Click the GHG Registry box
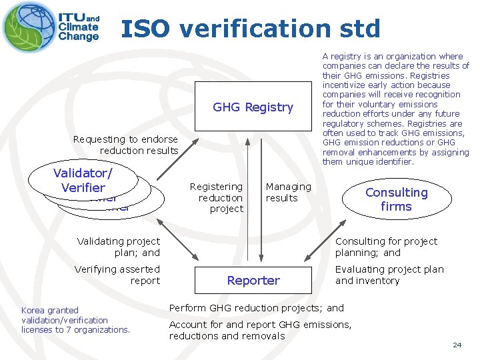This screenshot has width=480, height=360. click(253, 107)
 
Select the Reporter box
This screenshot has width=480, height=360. click(253, 280)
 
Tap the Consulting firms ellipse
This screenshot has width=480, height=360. click(396, 199)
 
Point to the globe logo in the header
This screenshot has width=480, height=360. click(29, 27)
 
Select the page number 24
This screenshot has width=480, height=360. click(457, 345)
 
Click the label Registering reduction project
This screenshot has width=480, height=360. click(217, 197)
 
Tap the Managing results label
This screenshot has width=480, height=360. click(288, 192)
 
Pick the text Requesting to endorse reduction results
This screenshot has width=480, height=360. click(125, 145)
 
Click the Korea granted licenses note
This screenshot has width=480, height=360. click(75, 320)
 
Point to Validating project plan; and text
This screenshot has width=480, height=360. click(119, 247)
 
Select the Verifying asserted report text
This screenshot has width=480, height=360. click(117, 275)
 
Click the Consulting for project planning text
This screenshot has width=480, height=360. click(386, 247)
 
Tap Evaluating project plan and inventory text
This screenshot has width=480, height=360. click(389, 275)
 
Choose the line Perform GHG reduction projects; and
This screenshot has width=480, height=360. click(257, 308)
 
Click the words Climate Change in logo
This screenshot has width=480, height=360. click(79, 32)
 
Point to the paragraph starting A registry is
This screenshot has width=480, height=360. click(396, 109)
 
